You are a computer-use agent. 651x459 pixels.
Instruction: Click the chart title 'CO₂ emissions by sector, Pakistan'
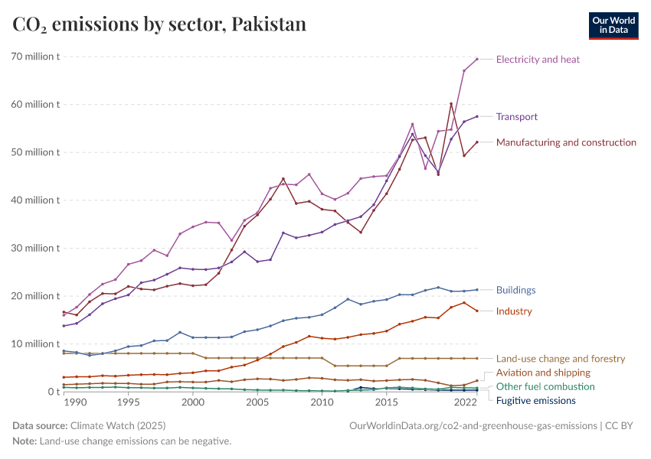159,24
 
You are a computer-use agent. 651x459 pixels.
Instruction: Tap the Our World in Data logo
613,25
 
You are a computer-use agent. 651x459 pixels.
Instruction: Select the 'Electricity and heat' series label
538,59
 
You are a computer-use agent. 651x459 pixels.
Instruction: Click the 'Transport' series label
516,117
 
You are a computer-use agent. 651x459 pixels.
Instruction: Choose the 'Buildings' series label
515,290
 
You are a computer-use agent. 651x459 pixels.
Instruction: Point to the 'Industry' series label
513,311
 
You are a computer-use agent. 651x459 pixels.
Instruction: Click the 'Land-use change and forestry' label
561,358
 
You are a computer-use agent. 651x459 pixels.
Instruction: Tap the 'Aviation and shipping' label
543,373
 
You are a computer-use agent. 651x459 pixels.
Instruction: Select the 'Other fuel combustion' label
545,386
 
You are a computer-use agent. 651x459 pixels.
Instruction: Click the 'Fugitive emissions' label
536,401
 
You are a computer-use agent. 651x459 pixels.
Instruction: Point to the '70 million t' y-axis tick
35,57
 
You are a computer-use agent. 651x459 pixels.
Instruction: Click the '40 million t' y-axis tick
35,200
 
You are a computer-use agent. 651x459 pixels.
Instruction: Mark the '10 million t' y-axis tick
35,344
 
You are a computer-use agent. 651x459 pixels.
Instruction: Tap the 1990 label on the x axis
76,402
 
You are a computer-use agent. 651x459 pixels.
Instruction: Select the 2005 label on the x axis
257,402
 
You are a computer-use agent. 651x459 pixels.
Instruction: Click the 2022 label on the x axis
464,402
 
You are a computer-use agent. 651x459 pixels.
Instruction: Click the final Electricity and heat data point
477,59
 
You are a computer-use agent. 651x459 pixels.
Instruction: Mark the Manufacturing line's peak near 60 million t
451,104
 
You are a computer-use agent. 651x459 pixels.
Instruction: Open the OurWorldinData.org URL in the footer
473,425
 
